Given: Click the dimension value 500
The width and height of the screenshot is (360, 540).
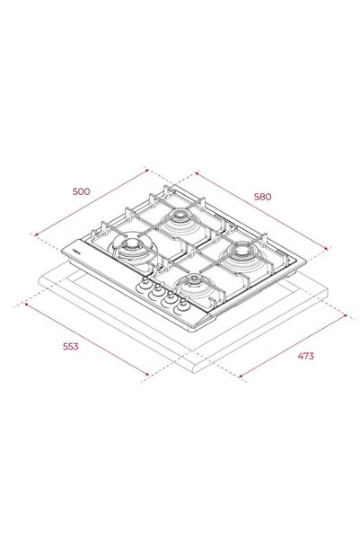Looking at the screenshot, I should pyautogui.click(x=82, y=191).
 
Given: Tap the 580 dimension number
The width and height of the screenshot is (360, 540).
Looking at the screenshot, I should pyautogui.click(x=263, y=196).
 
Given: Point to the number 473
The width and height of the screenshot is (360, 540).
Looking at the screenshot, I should pyautogui.click(x=305, y=356).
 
